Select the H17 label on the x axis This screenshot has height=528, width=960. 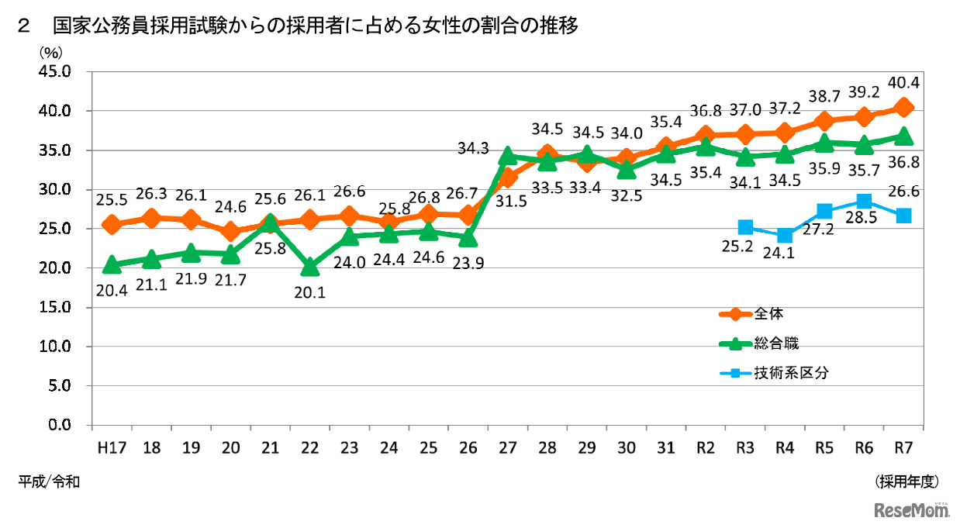click(x=112, y=448)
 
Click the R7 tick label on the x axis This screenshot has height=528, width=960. click(x=903, y=448)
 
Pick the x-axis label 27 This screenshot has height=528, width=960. click(x=507, y=448)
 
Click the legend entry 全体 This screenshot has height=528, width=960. click(x=772, y=314)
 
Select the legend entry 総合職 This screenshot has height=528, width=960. click(x=775, y=343)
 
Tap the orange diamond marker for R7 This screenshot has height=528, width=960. click(x=903, y=107)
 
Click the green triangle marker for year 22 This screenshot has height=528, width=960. click(x=309, y=267)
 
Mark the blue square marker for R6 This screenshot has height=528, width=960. click(x=864, y=202)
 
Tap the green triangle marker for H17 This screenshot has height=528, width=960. click(x=112, y=264)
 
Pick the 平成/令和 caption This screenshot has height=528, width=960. click(x=49, y=482)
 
